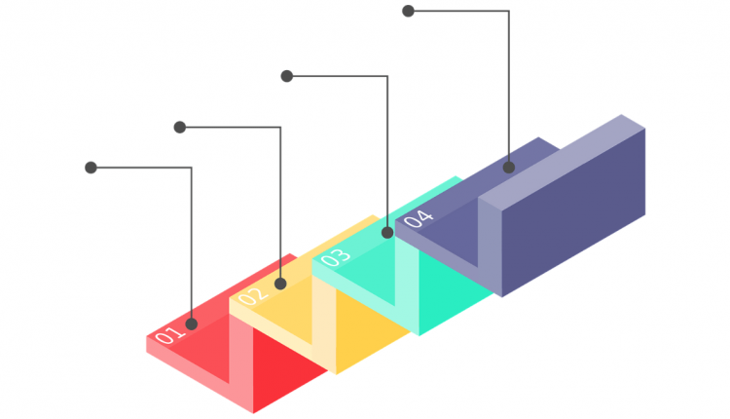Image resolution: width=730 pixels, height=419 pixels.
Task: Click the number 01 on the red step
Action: coord(168,334)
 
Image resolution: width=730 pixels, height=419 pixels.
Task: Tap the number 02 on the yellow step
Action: coord(253,295)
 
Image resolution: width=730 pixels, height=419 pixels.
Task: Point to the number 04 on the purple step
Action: coord(419,218)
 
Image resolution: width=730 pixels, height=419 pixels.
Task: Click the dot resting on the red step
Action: coord(192,324)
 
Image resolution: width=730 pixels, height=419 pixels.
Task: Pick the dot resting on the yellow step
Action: coord(280,284)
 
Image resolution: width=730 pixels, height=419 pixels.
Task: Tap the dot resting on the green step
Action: coord(387,233)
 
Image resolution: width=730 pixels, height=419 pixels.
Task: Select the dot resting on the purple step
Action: coord(509,168)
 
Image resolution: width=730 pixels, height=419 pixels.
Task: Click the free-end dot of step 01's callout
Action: coord(91,168)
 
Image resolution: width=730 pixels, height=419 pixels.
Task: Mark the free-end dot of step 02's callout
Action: coord(180,128)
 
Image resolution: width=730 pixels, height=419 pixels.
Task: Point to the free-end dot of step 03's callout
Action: coord(287,76)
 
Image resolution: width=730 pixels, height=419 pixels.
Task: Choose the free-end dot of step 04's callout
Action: coord(408,11)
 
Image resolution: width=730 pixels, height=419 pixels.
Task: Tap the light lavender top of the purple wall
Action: coord(562,162)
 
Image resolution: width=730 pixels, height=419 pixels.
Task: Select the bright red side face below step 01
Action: coord(289,369)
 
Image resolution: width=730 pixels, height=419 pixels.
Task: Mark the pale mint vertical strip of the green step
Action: coord(408,286)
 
